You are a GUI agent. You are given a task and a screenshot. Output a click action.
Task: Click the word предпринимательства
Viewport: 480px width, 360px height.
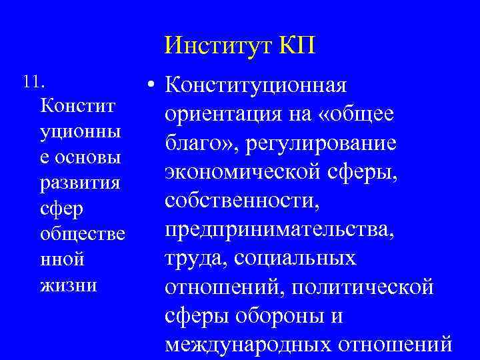point(279,229)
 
